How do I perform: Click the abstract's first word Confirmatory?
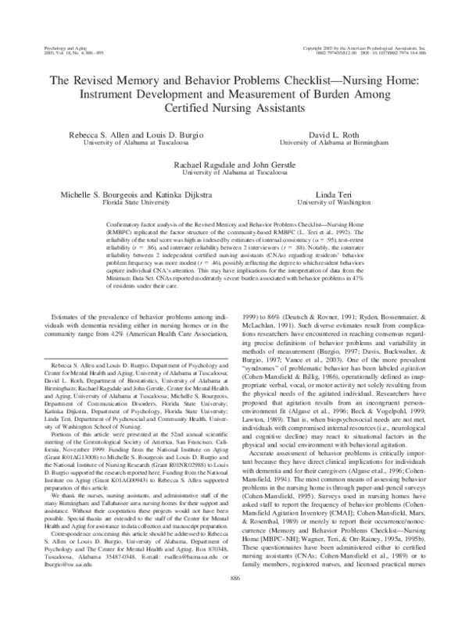tap(120, 223)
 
